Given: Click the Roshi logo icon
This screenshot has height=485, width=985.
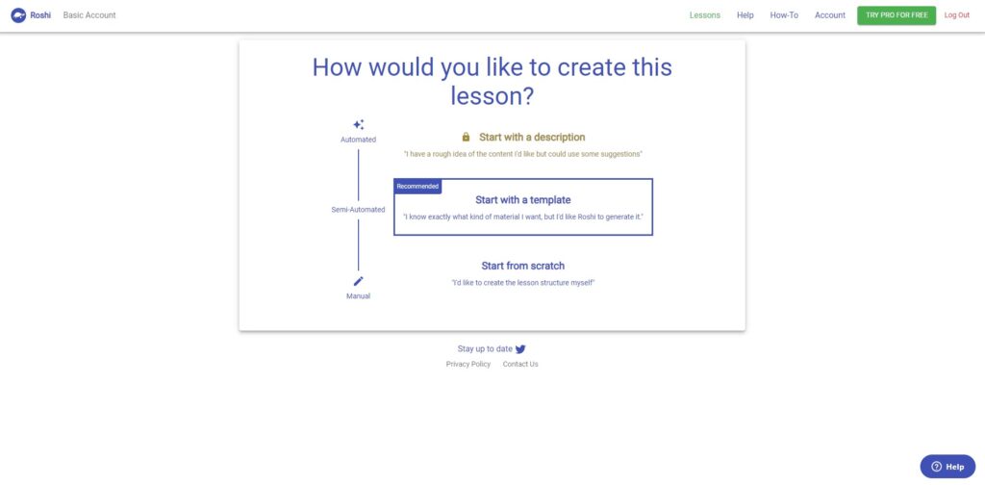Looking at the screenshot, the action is point(18,15).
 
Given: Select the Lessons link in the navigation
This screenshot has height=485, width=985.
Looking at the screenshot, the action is point(705,15).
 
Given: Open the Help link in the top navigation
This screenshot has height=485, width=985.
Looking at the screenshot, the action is point(745,15).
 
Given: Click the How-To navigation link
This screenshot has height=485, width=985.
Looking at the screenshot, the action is point(784,15).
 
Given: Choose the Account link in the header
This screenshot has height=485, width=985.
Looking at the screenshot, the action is point(830,15).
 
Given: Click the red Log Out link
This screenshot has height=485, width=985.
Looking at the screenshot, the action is point(957,15).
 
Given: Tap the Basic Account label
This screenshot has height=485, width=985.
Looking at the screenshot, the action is point(89,15).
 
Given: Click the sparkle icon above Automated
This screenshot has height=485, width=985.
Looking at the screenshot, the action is point(358,124).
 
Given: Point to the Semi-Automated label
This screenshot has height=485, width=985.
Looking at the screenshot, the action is point(358,210).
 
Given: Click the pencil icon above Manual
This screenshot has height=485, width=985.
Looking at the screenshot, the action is point(358,281).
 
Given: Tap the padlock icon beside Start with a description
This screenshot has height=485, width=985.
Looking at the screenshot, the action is point(466,137).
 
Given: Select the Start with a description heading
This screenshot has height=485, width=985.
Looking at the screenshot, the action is point(532,137).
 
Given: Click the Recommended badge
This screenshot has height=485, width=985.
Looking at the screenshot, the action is point(417,187).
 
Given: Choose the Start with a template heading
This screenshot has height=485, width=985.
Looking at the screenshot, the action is point(522,200).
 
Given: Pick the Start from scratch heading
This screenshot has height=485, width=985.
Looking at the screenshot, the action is point(522,266).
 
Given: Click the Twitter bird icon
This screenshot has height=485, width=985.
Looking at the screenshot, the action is point(520,349).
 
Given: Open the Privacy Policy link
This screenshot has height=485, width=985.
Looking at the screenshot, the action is point(468,365).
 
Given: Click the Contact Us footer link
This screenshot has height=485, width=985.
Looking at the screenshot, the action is point(520,365).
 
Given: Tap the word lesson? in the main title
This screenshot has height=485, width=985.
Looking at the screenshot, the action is point(492,96).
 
